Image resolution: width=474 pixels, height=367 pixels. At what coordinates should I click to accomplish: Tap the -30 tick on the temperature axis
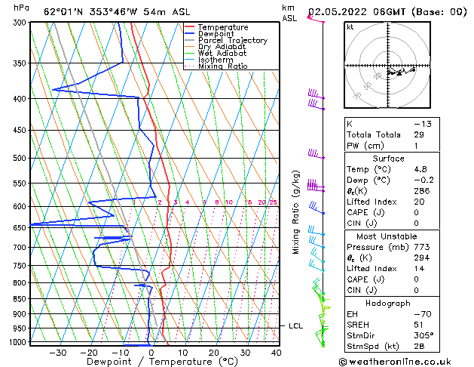click(x=58, y=352)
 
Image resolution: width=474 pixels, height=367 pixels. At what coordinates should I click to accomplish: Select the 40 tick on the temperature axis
click(x=276, y=352)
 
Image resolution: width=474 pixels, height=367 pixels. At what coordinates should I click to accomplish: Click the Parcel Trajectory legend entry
click(x=232, y=40)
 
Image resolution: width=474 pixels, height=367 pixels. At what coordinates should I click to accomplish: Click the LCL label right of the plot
click(x=296, y=325)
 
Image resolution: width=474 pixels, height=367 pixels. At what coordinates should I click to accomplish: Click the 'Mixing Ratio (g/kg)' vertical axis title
click(x=296, y=212)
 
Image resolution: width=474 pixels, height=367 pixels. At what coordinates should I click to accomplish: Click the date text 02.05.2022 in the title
click(x=338, y=12)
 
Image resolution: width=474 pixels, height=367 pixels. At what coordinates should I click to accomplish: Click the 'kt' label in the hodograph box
click(x=350, y=26)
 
